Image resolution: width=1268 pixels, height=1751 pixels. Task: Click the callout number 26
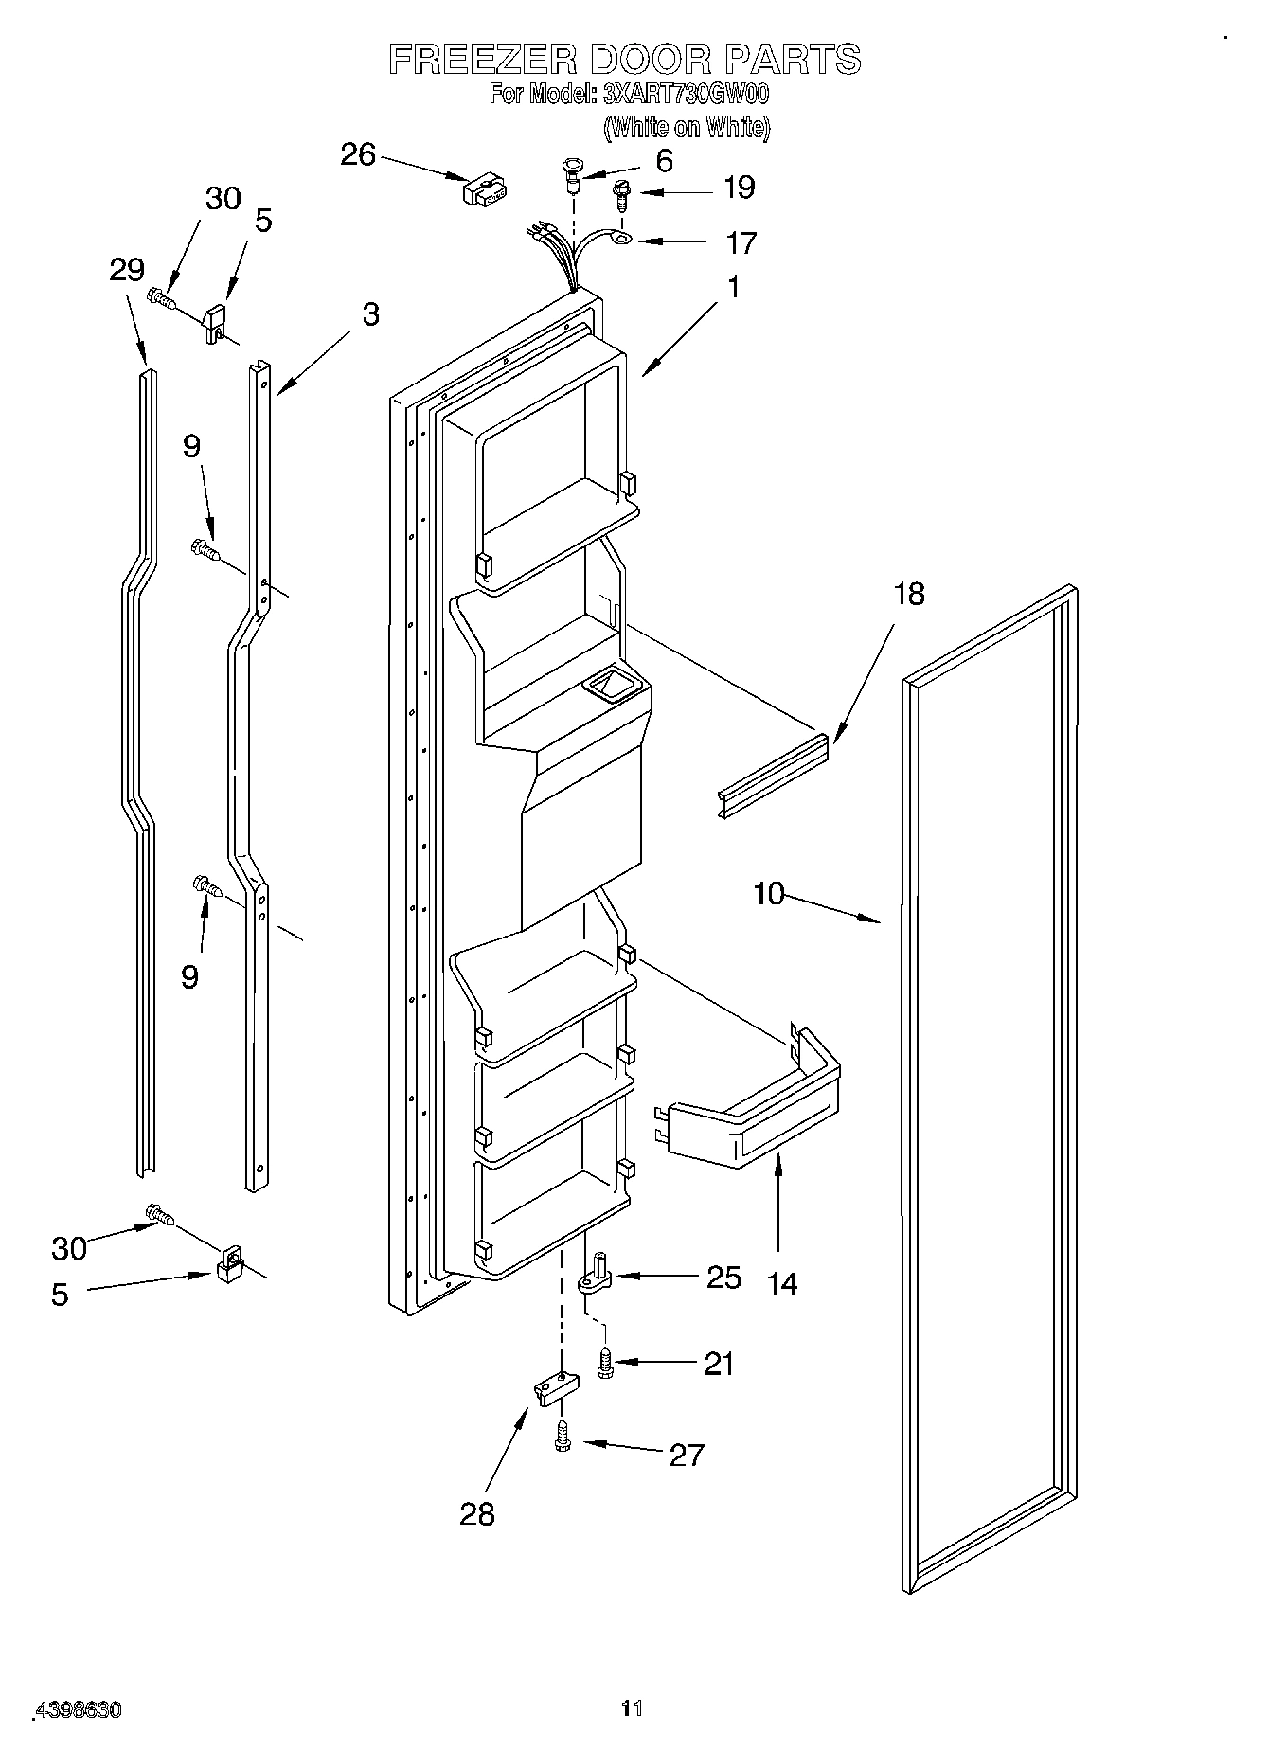tap(358, 154)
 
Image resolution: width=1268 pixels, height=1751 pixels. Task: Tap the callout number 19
tap(739, 188)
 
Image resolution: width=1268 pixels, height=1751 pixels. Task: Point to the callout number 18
tap(908, 595)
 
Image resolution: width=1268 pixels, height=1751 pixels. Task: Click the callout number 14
tap(782, 1284)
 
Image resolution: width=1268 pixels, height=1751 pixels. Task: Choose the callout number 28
tap(477, 1513)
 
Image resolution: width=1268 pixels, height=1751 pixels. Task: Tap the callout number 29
tap(126, 270)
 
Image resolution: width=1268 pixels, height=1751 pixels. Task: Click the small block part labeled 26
tap(483, 189)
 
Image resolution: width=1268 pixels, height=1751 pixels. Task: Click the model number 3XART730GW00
tap(685, 95)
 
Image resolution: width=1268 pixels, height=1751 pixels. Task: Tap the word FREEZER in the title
tap(483, 59)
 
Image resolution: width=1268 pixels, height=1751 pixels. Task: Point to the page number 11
tap(632, 1707)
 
